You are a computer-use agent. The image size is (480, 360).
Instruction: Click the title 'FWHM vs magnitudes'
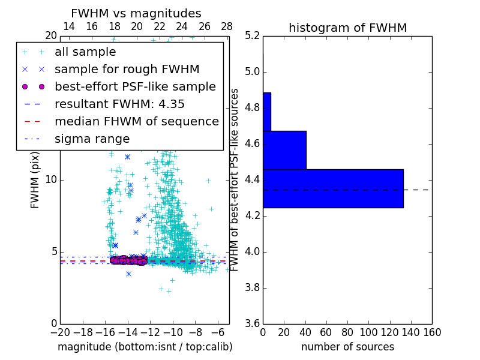click(136, 13)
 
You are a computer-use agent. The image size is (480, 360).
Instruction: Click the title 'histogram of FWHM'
click(347, 28)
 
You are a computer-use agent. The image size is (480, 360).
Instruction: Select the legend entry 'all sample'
click(85, 52)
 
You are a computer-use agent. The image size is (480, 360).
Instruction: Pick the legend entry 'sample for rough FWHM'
click(127, 70)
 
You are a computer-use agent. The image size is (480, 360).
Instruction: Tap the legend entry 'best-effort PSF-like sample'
click(135, 86)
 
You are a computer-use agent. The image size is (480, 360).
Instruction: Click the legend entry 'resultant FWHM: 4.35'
click(119, 104)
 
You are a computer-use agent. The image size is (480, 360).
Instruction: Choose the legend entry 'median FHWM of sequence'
click(136, 121)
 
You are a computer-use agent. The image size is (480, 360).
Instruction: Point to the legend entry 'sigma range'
click(92, 139)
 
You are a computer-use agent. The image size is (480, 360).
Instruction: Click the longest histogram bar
click(333, 188)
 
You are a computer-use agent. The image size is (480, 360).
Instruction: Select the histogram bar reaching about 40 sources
click(284, 150)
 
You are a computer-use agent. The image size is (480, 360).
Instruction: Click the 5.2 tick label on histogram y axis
click(251, 36)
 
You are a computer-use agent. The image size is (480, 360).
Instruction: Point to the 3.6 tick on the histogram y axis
click(251, 323)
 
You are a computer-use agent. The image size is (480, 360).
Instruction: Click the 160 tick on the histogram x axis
click(432, 332)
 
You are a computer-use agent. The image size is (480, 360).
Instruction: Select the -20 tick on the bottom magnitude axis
click(60, 332)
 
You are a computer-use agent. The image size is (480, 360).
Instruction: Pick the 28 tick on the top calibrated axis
click(227, 26)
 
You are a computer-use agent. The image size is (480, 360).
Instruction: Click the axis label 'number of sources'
click(347, 347)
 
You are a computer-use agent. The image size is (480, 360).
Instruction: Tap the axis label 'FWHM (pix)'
click(35, 179)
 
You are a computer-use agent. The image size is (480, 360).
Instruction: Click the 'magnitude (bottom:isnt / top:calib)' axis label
click(145, 347)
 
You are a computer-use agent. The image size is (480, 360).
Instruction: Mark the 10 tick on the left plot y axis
click(51, 179)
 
